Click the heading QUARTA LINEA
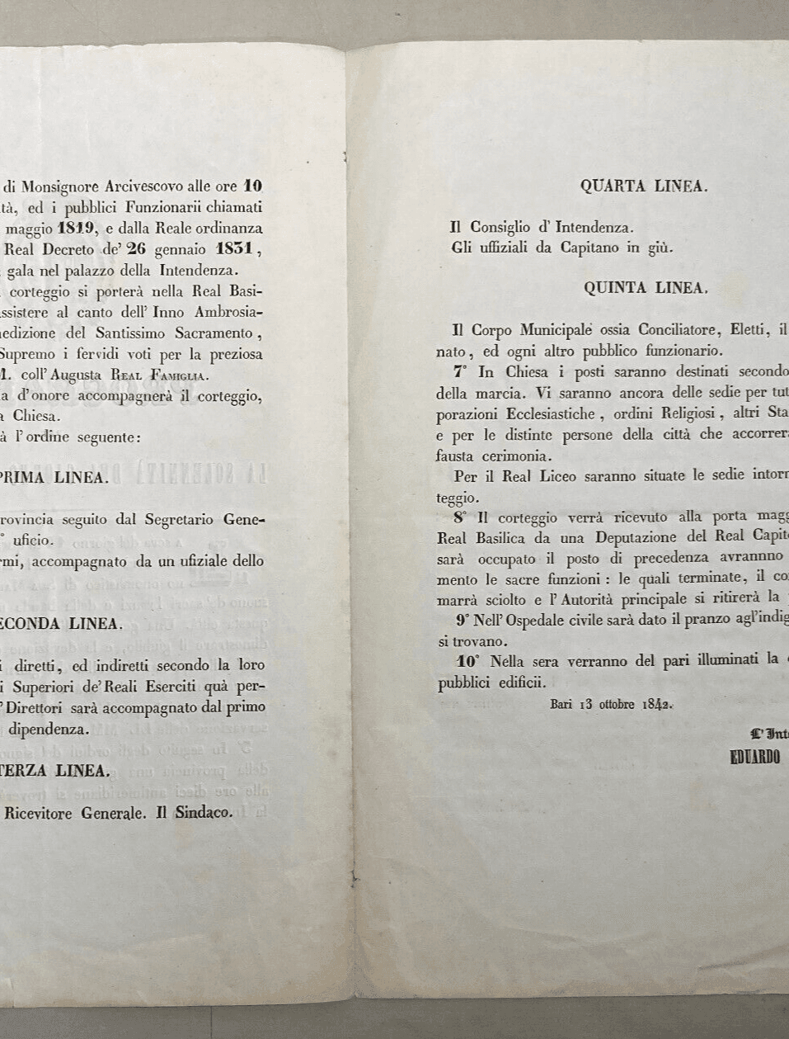pyautogui.click(x=644, y=187)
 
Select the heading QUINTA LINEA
pyautogui.click(x=646, y=288)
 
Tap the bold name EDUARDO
pyautogui.click(x=755, y=758)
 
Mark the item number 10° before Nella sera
pyautogui.click(x=468, y=661)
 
